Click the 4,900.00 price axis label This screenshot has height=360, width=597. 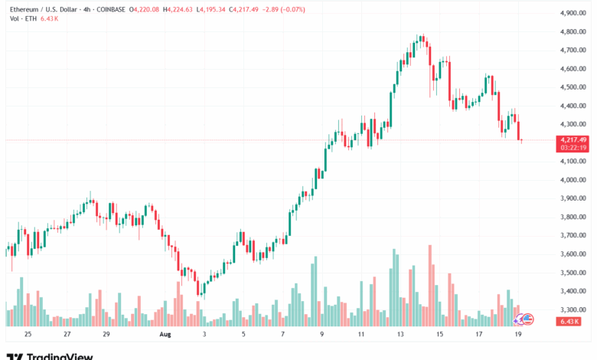pos(573,13)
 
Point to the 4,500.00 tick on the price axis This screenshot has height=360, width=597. pos(573,87)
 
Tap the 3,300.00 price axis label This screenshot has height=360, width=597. pos(573,310)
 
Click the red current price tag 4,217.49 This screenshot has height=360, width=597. pos(573,139)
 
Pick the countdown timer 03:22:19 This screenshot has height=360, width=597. pos(573,148)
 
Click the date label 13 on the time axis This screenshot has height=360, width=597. pos(400,335)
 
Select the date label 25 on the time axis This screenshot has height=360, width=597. pos(28,335)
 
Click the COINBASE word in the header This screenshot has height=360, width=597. pos(110,9)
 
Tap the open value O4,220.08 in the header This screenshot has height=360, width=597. pos(145,9)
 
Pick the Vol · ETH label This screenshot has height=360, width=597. pos(19,18)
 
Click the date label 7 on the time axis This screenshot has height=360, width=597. pos(282,335)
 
